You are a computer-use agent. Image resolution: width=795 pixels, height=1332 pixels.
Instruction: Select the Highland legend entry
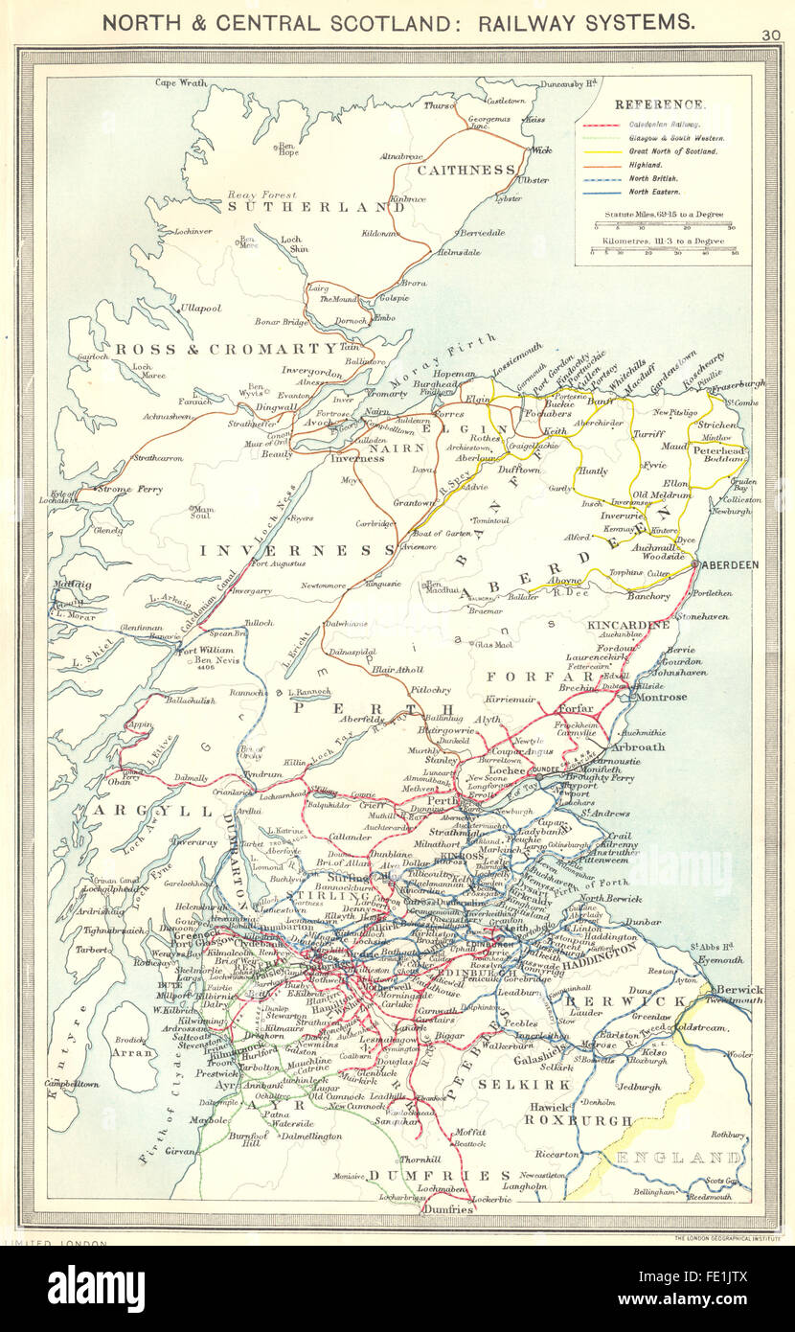[647, 165]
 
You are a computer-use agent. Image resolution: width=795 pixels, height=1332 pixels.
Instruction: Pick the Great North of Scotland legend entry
[672, 151]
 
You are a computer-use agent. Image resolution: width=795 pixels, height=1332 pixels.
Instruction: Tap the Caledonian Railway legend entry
[664, 125]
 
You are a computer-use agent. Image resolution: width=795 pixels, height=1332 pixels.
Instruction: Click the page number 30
[772, 35]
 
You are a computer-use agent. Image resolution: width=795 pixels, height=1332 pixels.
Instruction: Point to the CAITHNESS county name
[466, 170]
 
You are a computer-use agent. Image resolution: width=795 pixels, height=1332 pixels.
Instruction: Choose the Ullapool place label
[200, 309]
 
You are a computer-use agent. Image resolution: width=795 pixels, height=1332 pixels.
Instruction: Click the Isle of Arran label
[133, 1051]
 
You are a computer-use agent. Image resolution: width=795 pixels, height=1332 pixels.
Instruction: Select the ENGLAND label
[679, 1158]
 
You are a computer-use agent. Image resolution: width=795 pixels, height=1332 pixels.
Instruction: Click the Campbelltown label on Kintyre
[72, 1084]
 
